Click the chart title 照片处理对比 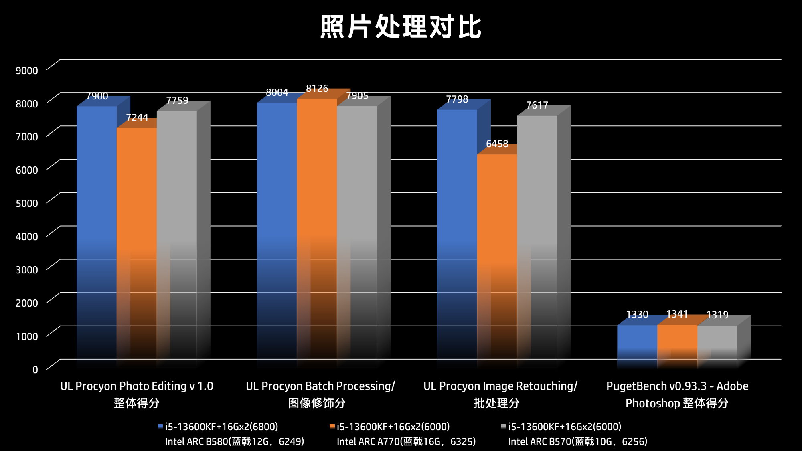point(401,27)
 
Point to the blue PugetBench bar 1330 point(637,343)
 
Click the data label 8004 point(277,93)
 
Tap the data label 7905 point(357,96)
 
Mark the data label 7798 point(457,99)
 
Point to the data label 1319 point(717,315)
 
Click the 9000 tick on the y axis point(27,71)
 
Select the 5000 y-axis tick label point(27,203)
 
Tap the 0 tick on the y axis point(35,370)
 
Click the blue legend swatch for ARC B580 point(160,427)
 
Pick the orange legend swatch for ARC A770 point(332,427)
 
